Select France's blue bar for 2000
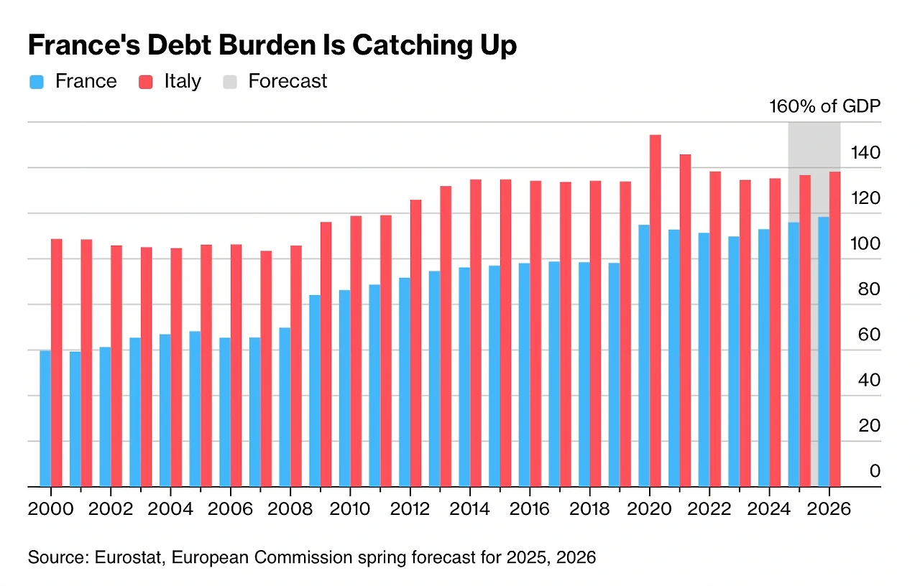tap(45, 418)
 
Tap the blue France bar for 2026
tap(824, 351)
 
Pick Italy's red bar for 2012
tap(416, 343)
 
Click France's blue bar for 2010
tap(345, 388)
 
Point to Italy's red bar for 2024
tap(776, 332)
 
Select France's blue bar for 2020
tap(644, 355)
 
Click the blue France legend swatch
tap(37, 82)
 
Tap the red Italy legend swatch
tap(146, 82)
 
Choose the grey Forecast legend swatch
tap(230, 82)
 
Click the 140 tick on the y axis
tap(865, 152)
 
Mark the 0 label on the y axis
tap(875, 471)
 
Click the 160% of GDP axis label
tap(824, 107)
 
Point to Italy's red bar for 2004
tap(176, 367)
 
